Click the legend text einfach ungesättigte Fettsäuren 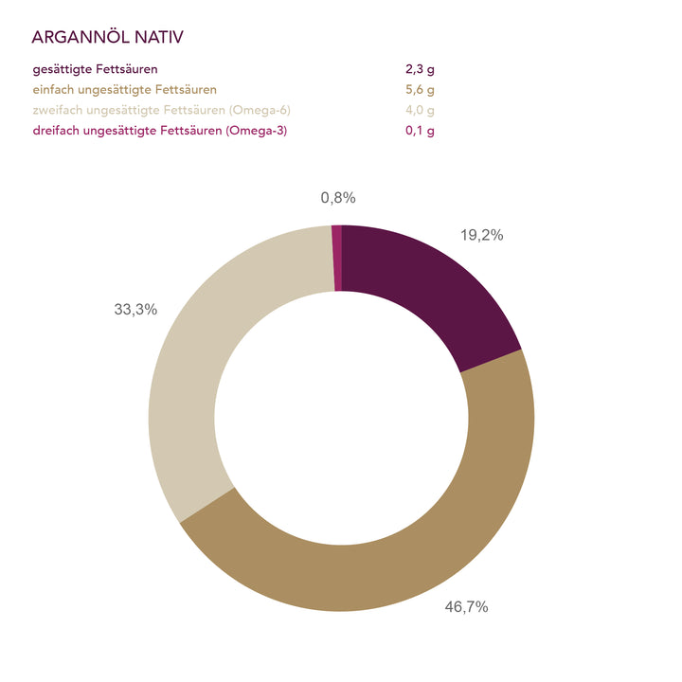coord(124,90)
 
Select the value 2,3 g coord(420,69)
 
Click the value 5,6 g coord(420,90)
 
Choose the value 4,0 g coord(420,110)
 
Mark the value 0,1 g coord(420,130)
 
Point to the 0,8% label coord(338,197)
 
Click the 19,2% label coord(482,236)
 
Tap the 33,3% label coord(135,309)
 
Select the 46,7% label coord(466,607)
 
